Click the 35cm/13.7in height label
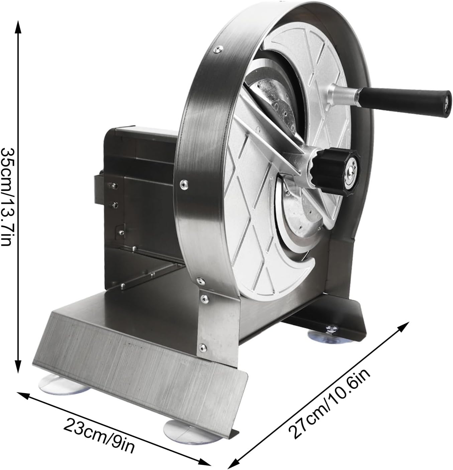point(8,197)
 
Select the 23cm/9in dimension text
point(99,437)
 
